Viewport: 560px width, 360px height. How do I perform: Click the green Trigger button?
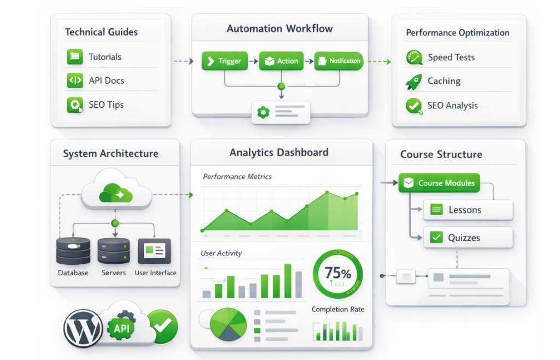224,61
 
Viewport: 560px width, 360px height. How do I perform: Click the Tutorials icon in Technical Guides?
74,57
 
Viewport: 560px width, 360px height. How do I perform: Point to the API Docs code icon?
74,80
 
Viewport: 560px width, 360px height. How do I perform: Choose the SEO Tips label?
106,104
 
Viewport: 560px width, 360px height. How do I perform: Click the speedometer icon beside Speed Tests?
414,57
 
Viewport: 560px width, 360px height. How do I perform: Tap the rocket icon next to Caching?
413,82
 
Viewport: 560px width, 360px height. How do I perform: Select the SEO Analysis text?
452,106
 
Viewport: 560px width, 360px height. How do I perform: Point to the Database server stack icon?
73,251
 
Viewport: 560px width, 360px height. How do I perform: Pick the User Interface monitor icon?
154,251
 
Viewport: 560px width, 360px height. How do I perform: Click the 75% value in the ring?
337,272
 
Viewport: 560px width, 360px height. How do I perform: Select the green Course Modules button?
439,183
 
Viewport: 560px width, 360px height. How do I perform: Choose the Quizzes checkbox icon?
436,237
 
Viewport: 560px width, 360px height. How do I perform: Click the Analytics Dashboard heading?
279,152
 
